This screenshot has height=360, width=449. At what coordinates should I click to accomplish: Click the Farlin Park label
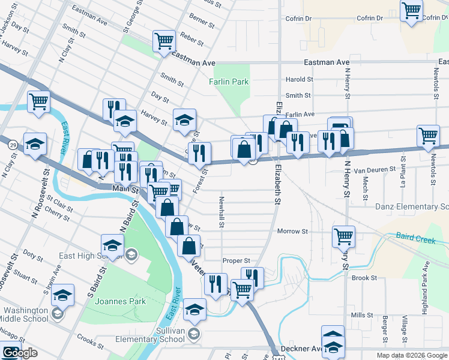pos(229,81)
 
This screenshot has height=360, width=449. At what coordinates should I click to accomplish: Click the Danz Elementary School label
pos(412,207)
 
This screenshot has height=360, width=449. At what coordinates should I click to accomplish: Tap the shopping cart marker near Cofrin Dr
pos(411,10)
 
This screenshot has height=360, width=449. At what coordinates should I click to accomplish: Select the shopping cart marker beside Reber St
pos(164,41)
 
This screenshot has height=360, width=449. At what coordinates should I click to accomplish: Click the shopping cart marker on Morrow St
pos(343,236)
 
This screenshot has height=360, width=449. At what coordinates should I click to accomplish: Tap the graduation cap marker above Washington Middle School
pos(62,295)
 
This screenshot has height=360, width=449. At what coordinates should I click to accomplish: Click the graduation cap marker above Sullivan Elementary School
pos(194,309)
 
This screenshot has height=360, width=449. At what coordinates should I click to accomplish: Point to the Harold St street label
pos(299,79)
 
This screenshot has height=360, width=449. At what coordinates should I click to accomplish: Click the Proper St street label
pos(235,260)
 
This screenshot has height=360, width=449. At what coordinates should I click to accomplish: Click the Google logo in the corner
pos(19,353)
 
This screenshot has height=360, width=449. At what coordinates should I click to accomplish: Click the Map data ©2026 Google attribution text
pos(411,355)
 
